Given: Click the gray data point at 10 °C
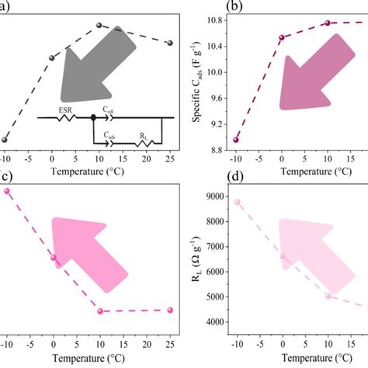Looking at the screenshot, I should (99, 26).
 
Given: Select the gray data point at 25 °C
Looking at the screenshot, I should (170, 43).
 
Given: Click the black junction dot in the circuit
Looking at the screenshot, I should (93, 118).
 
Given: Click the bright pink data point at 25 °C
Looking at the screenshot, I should (170, 310).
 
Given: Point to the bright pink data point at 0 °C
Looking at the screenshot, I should (53, 257).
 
